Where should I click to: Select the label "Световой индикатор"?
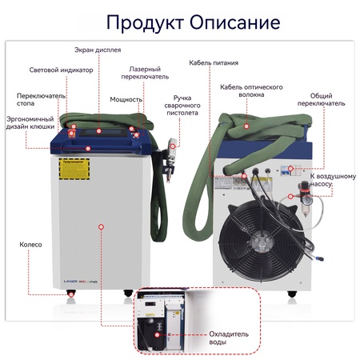[61, 70]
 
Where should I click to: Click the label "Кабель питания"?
[213, 62]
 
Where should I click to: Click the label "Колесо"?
[31, 244]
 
